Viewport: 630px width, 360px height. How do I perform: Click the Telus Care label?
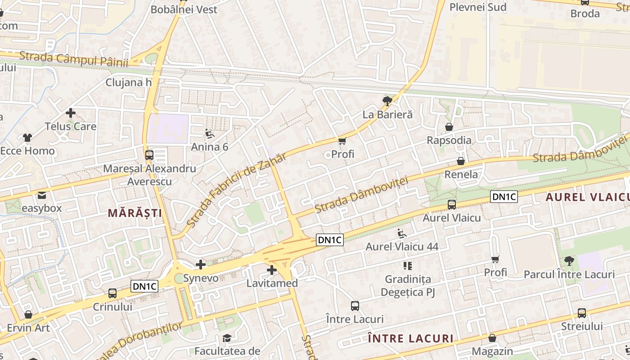click(71, 126)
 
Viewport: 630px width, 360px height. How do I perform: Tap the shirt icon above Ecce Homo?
click(27, 138)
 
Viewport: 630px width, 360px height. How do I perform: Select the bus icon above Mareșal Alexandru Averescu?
click(149, 155)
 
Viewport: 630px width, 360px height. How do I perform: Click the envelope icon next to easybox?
click(42, 195)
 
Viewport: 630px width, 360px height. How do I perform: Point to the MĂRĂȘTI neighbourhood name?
click(135, 213)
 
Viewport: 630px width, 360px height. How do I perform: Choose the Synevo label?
click(201, 278)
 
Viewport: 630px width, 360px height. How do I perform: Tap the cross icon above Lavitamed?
click(271, 270)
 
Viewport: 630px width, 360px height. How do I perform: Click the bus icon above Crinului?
click(112, 293)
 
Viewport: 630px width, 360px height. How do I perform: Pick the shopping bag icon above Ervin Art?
click(28, 315)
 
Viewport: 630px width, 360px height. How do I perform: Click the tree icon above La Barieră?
click(387, 101)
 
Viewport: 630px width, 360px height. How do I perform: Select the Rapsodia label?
click(449, 140)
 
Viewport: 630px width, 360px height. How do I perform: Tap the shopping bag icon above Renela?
click(461, 161)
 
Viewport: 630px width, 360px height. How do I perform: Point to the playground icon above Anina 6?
click(210, 134)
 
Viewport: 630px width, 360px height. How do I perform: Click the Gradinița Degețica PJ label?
click(408, 286)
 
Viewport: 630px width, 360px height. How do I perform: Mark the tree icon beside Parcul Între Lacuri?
click(569, 261)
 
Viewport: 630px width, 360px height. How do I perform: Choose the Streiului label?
click(582, 326)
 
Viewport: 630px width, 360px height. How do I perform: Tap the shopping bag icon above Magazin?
click(492, 338)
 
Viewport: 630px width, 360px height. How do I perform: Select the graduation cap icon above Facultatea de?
click(227, 338)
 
